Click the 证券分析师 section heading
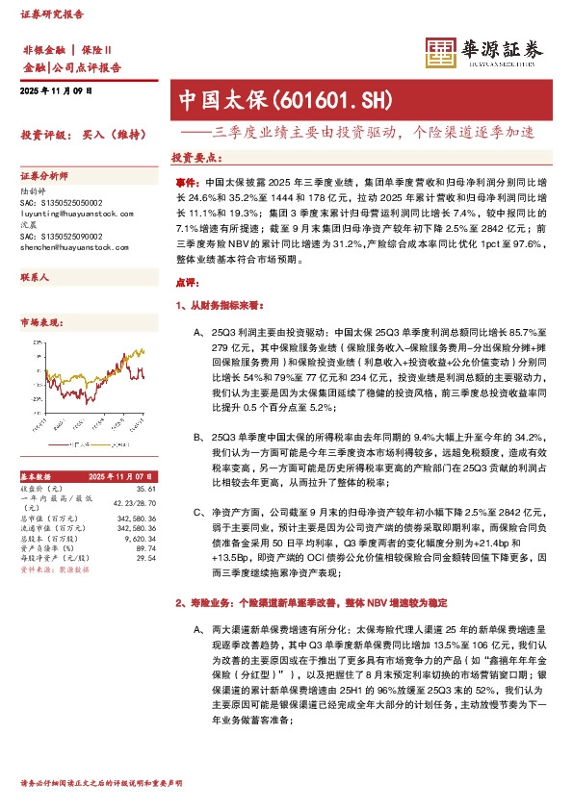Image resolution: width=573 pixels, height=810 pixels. [44, 176]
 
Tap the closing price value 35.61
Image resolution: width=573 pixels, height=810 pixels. [146, 488]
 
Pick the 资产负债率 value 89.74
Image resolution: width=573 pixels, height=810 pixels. [146, 547]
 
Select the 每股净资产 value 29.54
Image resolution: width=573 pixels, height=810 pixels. [146, 557]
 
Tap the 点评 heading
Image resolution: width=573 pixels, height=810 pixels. [186, 283]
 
